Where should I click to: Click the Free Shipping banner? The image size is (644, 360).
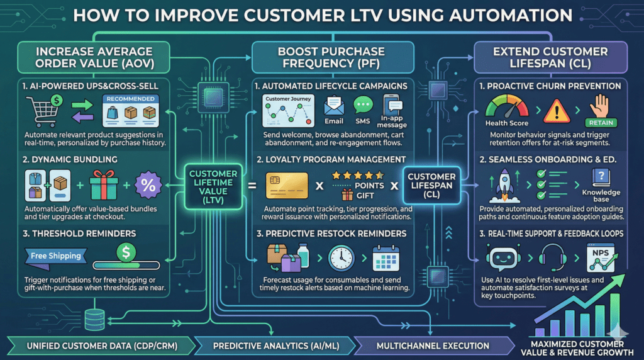pos(57,256)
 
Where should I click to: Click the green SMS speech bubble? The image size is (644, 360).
pos(363,105)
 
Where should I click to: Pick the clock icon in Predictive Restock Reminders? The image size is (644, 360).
pos(340,258)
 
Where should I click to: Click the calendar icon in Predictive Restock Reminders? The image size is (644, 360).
pos(386,258)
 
